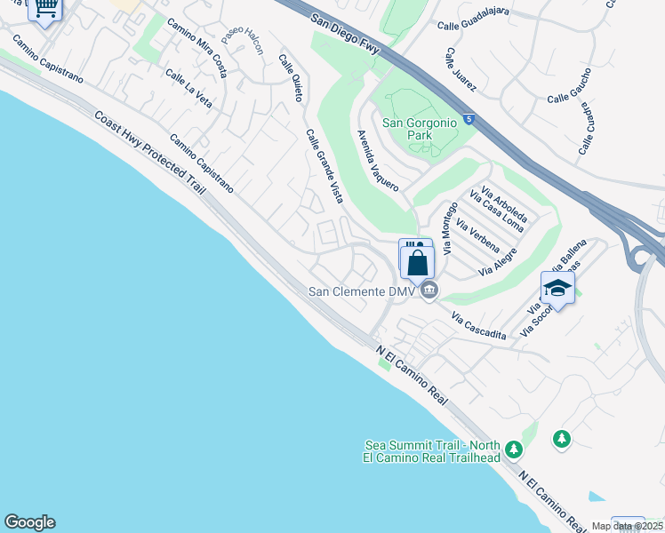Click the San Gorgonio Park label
(419, 129)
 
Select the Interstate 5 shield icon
(469, 118)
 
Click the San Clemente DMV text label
(363, 291)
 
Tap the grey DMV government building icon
(429, 290)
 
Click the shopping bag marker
(417, 262)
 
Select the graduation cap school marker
(557, 288)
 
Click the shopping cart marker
(44, 8)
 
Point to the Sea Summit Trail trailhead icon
(513, 450)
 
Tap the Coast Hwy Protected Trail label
(149, 156)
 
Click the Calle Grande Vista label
(324, 166)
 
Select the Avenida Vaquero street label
(377, 161)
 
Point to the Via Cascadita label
(478, 326)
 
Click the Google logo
(29, 522)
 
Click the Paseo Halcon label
(243, 40)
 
